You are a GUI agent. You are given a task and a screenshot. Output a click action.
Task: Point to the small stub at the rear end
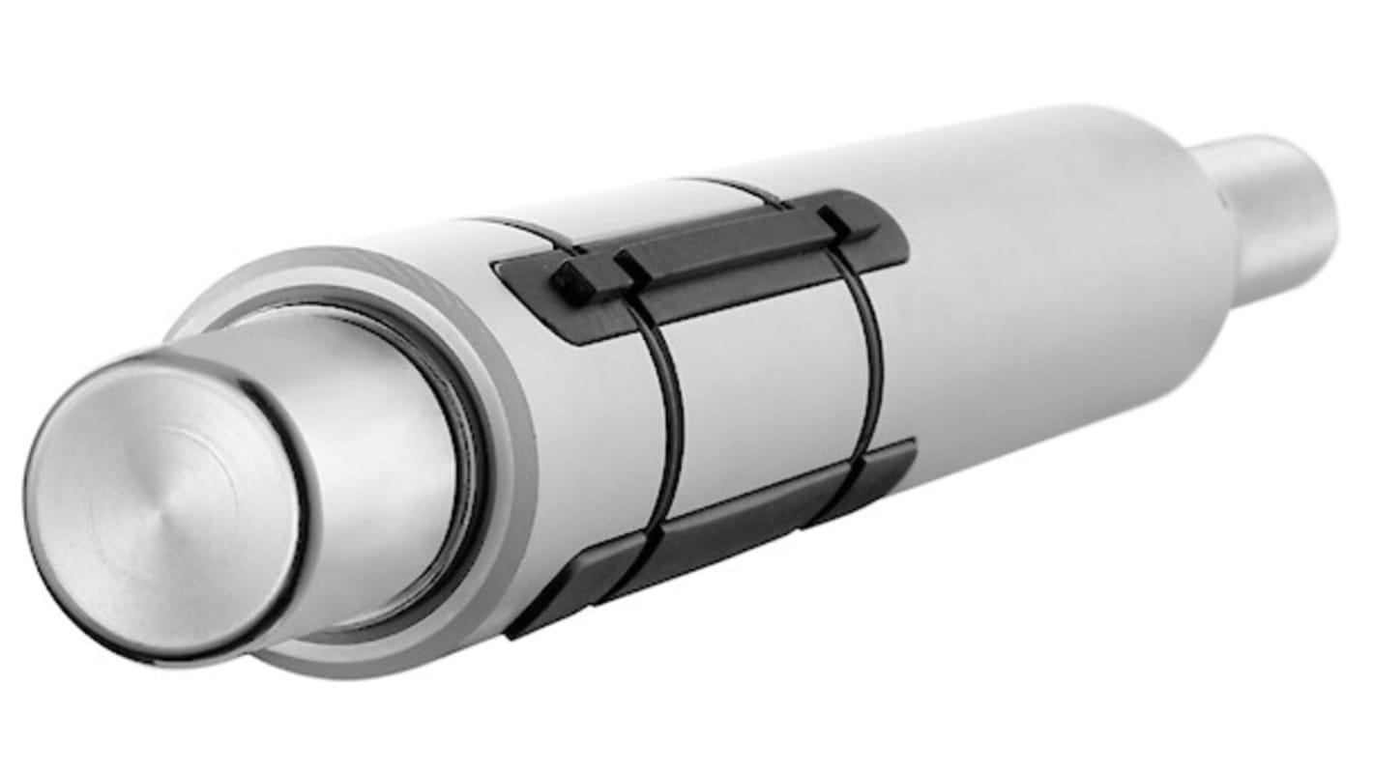tap(1267, 213)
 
